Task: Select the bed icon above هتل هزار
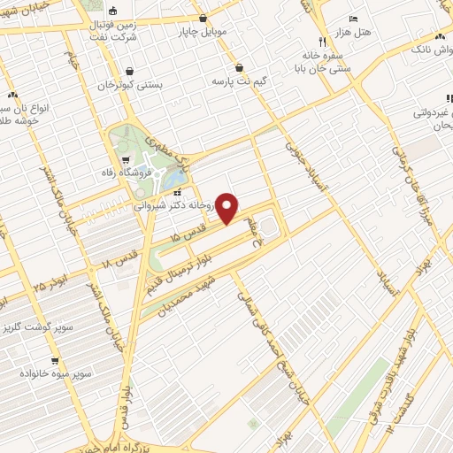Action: click(x=354, y=19)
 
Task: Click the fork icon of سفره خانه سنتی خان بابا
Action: click(x=321, y=42)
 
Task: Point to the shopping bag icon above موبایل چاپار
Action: click(x=203, y=18)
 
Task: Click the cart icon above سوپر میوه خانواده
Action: click(x=55, y=360)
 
